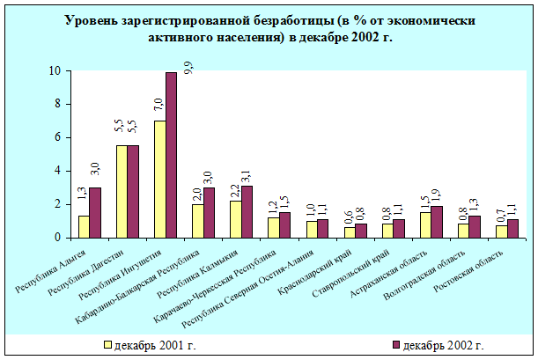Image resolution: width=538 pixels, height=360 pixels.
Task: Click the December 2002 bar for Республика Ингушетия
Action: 171,155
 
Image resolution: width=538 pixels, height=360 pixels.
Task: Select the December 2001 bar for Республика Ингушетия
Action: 159,179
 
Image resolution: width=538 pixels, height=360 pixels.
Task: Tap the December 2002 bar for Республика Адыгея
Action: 95,212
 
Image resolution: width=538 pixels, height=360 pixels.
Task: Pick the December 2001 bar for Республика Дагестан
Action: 122,191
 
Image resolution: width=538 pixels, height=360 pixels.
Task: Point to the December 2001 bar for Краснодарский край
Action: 350,232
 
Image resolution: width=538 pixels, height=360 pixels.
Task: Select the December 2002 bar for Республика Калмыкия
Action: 247,211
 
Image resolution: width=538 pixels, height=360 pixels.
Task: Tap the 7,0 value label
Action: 159,107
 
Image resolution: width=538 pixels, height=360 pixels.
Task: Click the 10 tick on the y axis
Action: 54,70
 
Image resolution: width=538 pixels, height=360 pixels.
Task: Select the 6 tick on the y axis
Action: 57,137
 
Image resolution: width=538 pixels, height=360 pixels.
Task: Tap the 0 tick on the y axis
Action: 57,238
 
